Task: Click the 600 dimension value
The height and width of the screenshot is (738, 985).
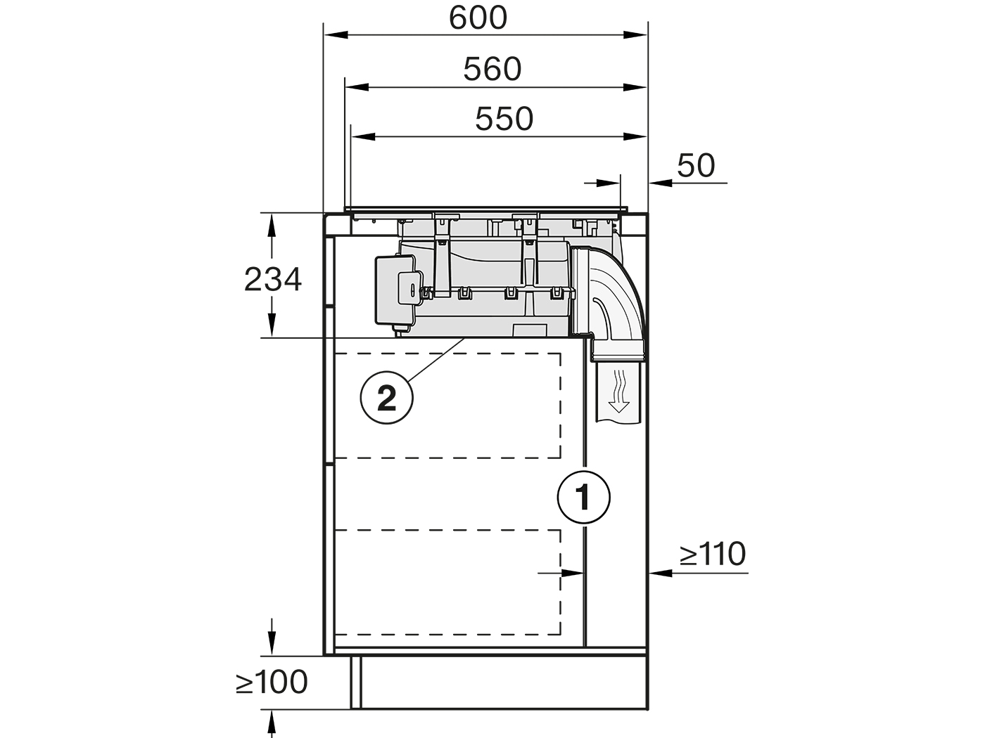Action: tap(478, 18)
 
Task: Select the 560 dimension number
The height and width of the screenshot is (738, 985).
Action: tap(493, 69)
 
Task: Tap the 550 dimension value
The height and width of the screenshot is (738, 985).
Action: tap(504, 119)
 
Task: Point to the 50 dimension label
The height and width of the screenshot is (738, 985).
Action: tap(696, 165)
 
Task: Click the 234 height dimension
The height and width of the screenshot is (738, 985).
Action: tap(273, 279)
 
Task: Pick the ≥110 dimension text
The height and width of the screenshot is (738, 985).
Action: tap(713, 554)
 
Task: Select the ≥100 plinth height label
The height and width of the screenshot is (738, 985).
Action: tap(272, 682)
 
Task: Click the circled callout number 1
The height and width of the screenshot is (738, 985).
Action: tap(584, 498)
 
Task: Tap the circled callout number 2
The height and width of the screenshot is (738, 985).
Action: tap(387, 397)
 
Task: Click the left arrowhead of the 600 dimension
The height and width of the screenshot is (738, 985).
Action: tap(336, 34)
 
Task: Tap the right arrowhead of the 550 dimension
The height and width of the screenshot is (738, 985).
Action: tap(635, 136)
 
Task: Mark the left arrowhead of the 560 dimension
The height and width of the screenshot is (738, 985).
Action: tap(357, 87)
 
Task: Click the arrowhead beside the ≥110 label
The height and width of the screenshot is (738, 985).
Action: tap(661, 573)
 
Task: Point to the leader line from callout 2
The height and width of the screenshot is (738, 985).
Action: tap(436, 361)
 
